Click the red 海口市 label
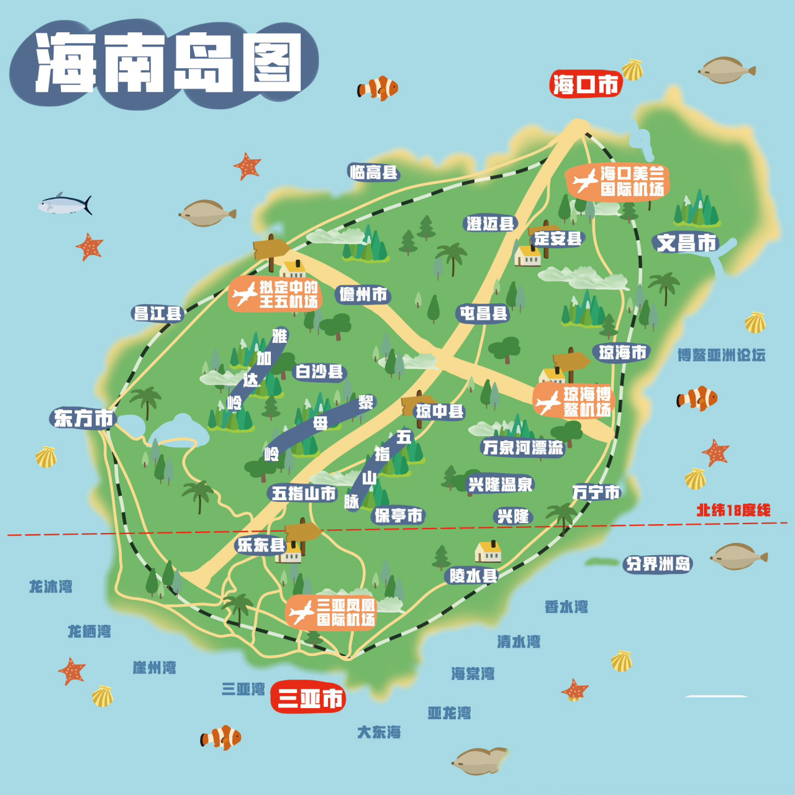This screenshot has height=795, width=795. coord(586,84)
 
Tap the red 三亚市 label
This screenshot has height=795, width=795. coord(309,698)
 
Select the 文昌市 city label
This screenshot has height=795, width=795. coord(686,242)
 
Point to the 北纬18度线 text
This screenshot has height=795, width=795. coord(733,511)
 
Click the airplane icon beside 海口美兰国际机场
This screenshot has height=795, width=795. coord(584,181)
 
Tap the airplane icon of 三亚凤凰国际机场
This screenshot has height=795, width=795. coord(302,612)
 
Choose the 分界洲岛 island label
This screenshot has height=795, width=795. coord(658,564)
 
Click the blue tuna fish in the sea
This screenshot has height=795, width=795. coord(65,204)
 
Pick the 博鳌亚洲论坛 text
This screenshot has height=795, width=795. coord(721,355)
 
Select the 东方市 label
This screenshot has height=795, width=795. coord(83,418)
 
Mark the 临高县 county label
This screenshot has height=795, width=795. coord(373,172)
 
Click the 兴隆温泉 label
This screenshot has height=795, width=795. coord(500,484)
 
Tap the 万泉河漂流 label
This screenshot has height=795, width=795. coord(522,447)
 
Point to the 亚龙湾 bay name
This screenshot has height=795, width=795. coord(449,713)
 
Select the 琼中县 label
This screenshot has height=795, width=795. coord(440,411)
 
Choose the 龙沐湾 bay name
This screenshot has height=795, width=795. coord(51,586)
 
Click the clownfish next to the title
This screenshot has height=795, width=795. coord(378,88)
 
